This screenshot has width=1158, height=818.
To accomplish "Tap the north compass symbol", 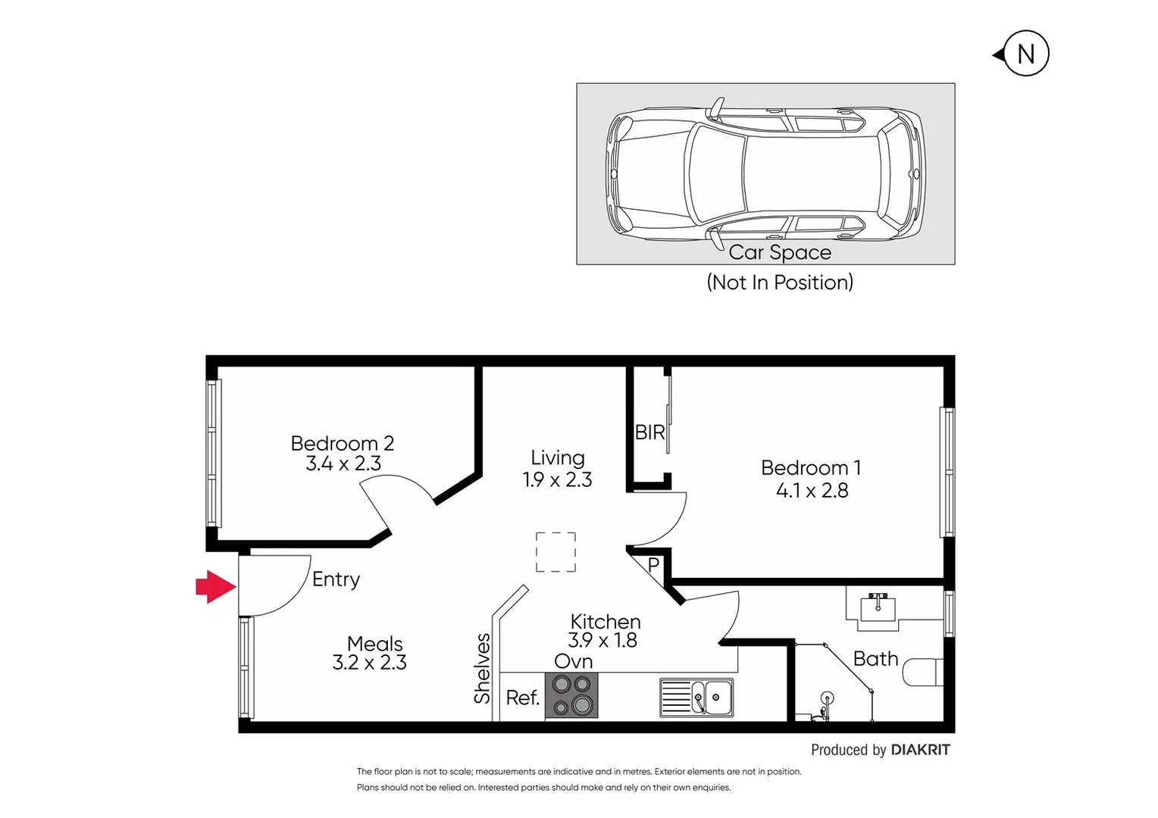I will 1025,54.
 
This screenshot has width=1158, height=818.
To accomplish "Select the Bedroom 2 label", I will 342,443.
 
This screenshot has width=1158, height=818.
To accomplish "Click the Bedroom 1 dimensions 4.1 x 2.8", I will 812,491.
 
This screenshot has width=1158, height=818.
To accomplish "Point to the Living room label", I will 557,457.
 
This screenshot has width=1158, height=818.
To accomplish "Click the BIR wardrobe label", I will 649,432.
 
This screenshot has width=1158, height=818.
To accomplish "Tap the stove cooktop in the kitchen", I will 571,695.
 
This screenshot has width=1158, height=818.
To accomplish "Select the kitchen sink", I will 696,698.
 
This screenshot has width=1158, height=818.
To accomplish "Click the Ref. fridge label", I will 522,698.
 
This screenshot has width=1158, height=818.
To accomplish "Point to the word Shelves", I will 483,669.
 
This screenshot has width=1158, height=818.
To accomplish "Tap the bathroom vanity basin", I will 878,609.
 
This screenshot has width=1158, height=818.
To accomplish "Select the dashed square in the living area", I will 556,552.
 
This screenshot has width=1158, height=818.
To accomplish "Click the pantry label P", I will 653,565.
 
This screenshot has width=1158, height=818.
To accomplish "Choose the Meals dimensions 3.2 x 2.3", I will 369,663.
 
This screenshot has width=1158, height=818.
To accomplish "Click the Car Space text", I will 780,252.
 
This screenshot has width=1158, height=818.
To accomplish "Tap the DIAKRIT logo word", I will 920,750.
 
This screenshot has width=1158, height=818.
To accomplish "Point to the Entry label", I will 336,579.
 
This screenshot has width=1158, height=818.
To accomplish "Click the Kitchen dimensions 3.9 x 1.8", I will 602,641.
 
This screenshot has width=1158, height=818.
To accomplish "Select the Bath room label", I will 875,659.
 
